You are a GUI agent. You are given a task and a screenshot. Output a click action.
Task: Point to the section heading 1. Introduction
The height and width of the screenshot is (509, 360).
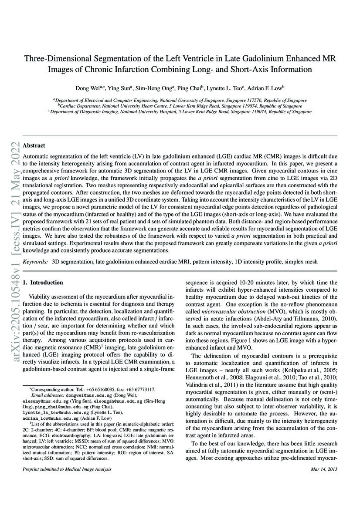point(43,283)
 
